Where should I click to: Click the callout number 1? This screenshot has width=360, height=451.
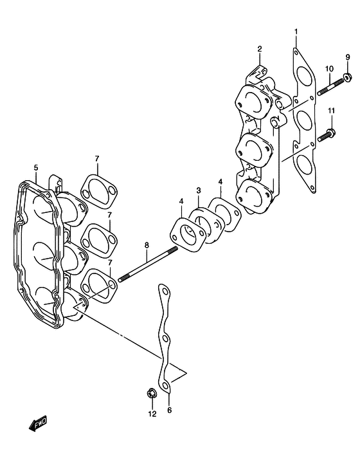pos(296,32)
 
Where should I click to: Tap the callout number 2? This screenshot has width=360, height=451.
pos(260,49)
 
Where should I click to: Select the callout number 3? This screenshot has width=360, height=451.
pos(199,190)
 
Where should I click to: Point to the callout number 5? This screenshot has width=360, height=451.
pos(36,168)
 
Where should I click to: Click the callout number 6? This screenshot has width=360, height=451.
pos(169,410)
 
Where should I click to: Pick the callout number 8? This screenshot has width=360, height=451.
pos(147,245)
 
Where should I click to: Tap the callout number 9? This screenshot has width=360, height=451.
pos(348,57)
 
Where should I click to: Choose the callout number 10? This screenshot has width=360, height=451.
pos(329,69)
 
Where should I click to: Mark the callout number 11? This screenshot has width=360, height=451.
pos(331,111)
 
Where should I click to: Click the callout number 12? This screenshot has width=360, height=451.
pos(152,414)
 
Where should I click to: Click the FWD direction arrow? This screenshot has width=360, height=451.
pos(38,423)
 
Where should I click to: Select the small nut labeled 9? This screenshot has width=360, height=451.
pos(347,77)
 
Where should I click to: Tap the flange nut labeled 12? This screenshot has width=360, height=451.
pos(151,393)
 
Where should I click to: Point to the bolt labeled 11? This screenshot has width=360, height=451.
pos(327,135)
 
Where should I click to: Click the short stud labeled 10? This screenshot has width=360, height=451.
pos(330,86)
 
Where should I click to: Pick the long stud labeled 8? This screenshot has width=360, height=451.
pos(148,264)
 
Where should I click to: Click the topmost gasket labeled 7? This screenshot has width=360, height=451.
pos(99,192)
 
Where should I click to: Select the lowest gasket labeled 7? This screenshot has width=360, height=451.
pos(99,286)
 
